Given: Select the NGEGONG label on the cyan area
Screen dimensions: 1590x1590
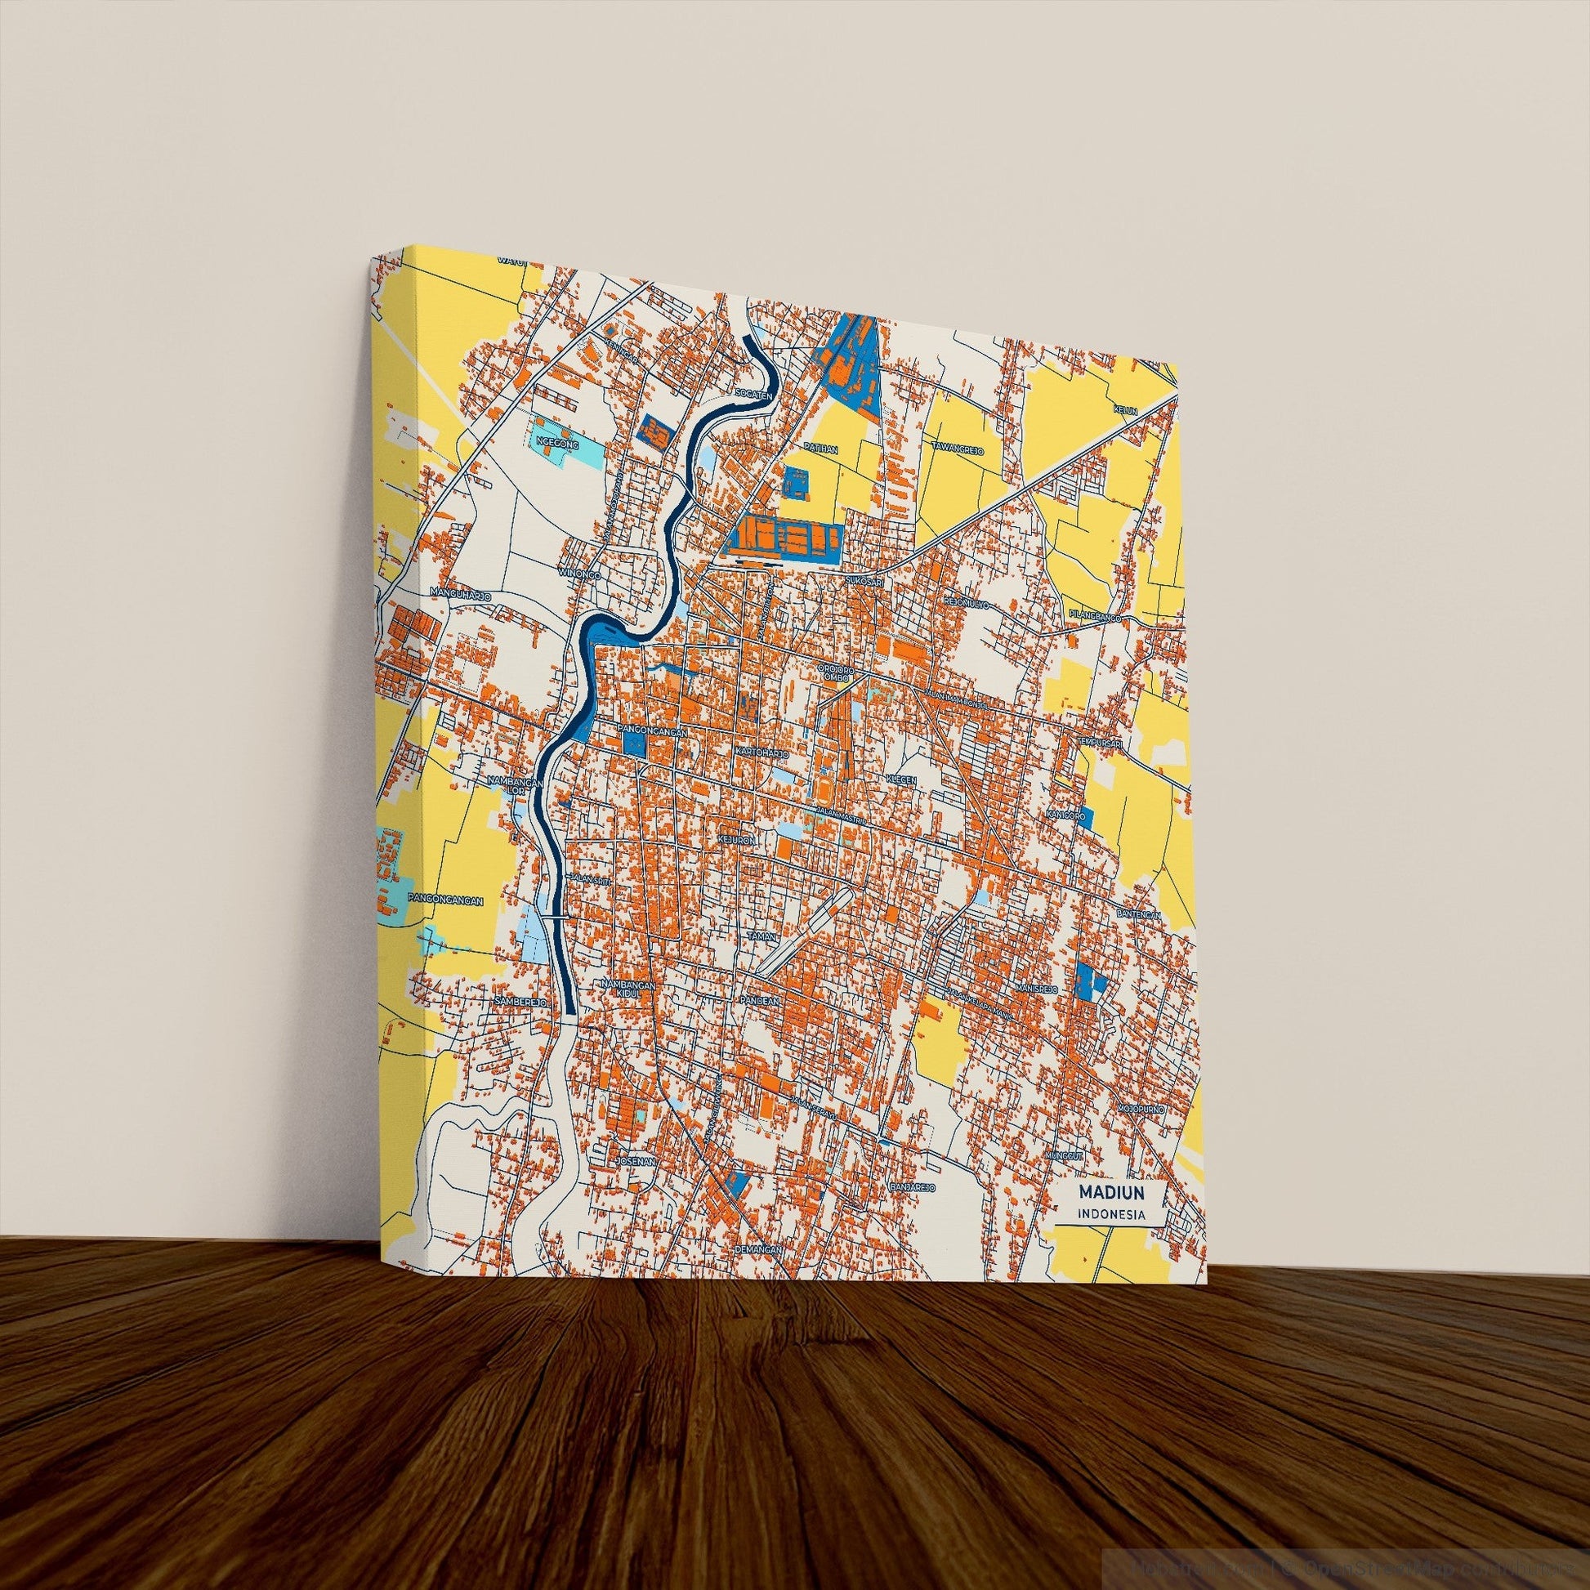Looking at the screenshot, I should (552, 442).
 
